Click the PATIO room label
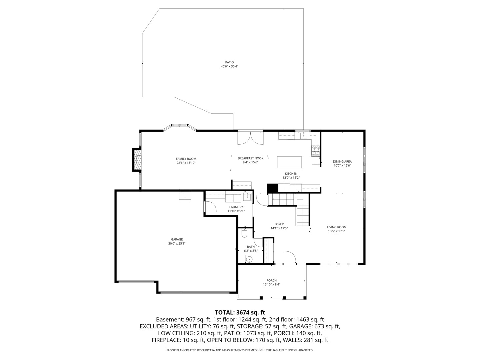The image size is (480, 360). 229,62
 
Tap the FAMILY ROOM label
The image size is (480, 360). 186,159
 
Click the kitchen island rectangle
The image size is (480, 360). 289,162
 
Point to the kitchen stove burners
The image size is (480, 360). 315,151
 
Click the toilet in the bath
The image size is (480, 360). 244,234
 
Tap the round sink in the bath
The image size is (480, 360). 249,259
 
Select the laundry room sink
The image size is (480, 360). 247,197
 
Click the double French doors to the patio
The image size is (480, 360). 250,137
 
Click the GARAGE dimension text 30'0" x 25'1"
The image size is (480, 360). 177,244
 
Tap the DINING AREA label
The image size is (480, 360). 342,162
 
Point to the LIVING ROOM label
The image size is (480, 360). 337,227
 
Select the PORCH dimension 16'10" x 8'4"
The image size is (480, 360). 271,285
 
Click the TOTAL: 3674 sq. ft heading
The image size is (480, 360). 240,312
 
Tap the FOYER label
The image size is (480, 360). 279,224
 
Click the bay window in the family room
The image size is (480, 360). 179,127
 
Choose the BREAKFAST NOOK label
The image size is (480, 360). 250,158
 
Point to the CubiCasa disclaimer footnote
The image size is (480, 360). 240,350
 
